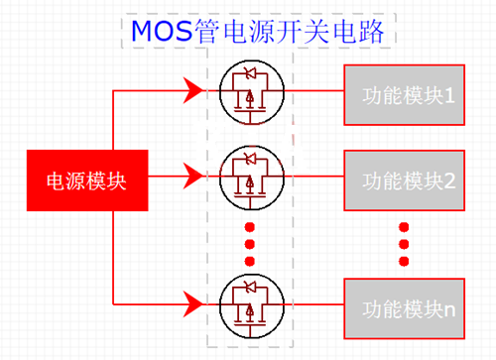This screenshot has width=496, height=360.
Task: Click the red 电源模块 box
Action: [x=87, y=181]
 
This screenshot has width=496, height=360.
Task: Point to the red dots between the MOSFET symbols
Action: [x=249, y=241]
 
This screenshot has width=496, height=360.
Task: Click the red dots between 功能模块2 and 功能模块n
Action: [x=405, y=242]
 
